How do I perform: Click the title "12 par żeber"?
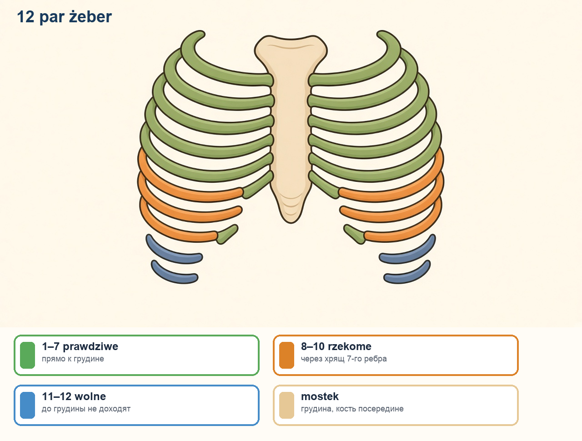65,17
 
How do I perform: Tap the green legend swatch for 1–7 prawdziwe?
28,355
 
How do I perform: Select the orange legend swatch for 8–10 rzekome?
286,355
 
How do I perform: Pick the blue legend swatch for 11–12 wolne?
28,405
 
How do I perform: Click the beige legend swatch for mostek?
286,405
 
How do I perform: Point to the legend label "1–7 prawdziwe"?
80,346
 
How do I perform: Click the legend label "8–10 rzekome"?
336,346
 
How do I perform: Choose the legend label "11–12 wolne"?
74,396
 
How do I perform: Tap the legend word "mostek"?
320,396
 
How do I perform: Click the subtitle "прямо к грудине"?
73,359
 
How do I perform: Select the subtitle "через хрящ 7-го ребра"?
344,359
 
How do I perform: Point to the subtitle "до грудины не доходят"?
86,409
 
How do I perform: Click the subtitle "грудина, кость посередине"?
352,409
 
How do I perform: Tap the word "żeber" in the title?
90,17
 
